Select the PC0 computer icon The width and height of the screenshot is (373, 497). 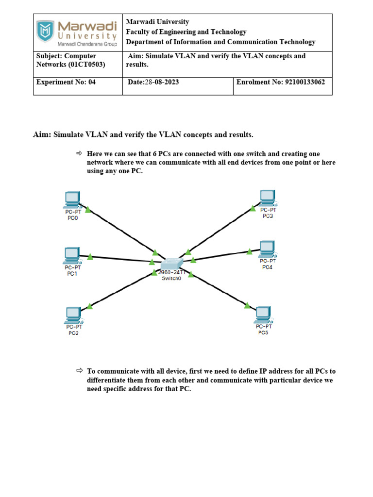pyautogui.click(x=72, y=199)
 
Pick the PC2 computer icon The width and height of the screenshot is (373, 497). pyautogui.click(x=73, y=315)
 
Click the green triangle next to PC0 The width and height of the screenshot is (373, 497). pyautogui.click(x=88, y=210)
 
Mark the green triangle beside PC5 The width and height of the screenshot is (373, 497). pyautogui.click(x=247, y=305)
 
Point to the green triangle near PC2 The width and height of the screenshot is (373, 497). pyautogui.click(x=90, y=306)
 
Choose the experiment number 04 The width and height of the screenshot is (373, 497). pyautogui.click(x=92, y=82)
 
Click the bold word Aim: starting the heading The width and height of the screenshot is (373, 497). pyautogui.click(x=42, y=134)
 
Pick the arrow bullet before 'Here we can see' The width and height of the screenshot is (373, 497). pyautogui.click(x=80, y=154)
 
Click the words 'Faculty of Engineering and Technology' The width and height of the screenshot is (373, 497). pyautogui.click(x=186, y=32)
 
